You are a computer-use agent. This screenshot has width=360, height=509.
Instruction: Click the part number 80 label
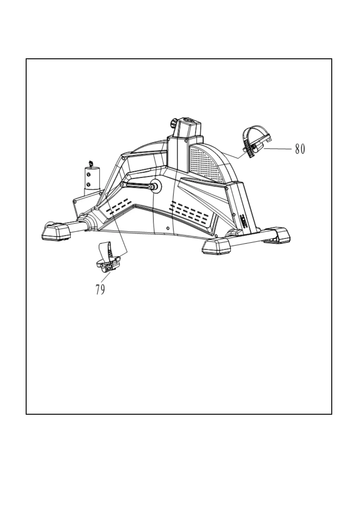click(300, 149)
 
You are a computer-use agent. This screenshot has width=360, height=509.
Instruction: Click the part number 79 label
click(100, 289)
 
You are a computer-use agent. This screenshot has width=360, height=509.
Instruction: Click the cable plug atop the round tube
click(90, 164)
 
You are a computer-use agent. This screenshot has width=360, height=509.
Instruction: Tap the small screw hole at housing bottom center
click(168, 227)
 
